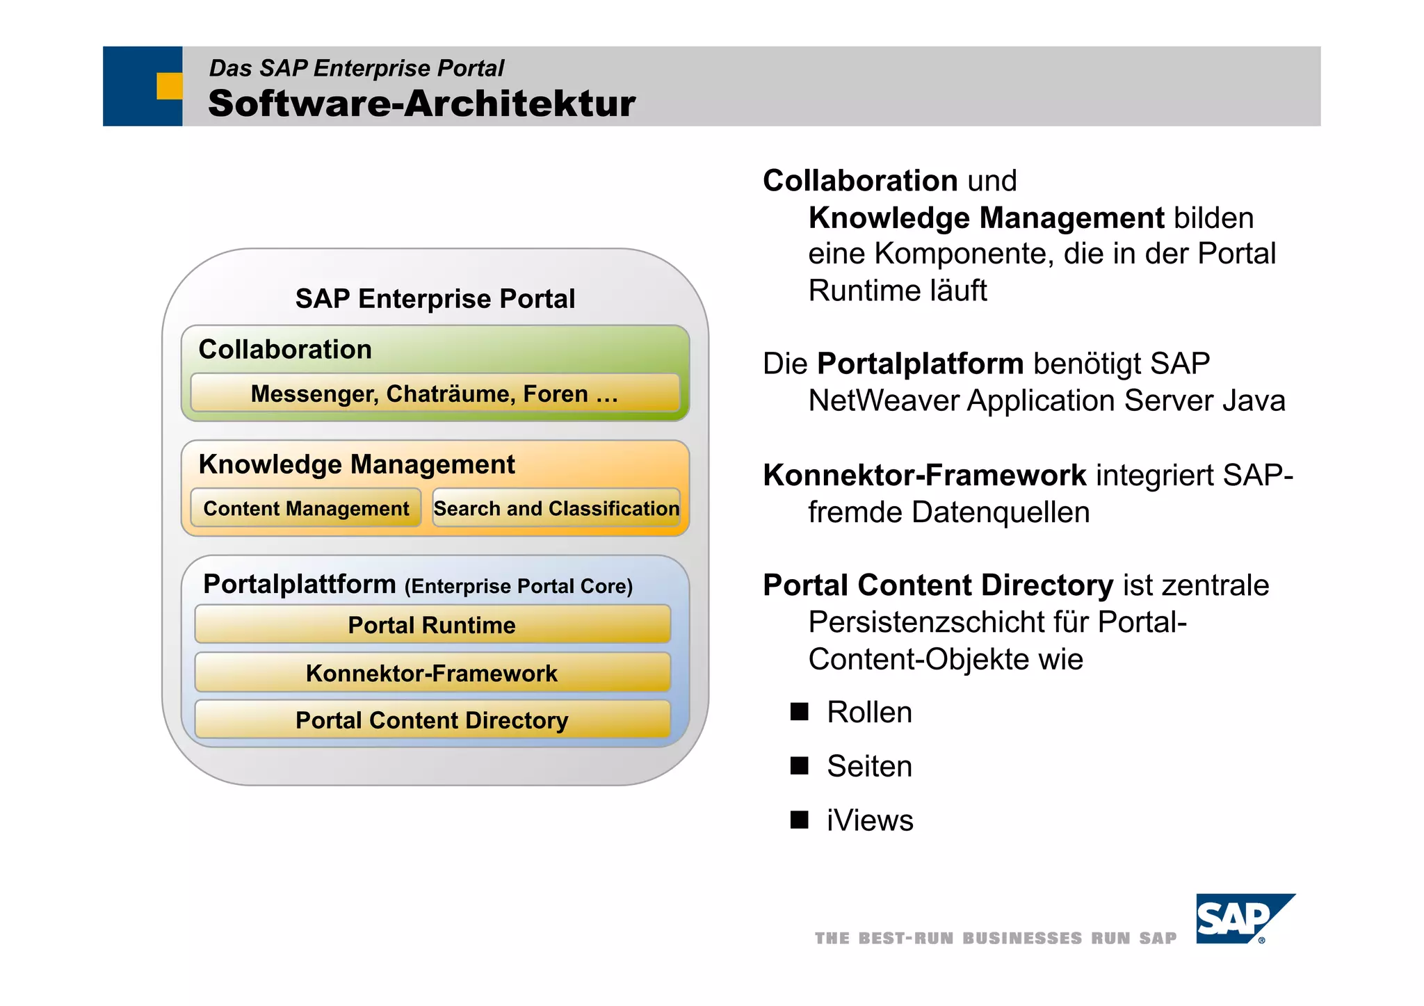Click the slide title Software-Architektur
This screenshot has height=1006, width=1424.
point(421,104)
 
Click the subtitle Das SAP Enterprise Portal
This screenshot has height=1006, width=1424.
point(356,68)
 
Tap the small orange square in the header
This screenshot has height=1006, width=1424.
point(169,86)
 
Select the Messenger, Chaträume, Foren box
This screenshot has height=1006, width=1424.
point(435,394)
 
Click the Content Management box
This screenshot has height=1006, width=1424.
point(306,508)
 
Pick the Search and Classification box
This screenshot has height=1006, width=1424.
point(556,508)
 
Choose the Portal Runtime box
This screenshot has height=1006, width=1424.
point(432,624)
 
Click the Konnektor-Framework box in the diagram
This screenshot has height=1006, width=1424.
point(432,672)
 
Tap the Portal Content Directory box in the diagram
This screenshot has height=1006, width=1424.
point(432,720)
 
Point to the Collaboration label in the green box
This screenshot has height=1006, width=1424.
point(285,349)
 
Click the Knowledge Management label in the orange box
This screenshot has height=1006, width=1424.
point(357,464)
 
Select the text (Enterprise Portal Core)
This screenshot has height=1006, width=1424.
point(519,586)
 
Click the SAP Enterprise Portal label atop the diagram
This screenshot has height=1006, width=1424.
point(435,298)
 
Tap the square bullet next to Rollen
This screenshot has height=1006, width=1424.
point(800,711)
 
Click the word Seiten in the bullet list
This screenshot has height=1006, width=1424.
point(869,766)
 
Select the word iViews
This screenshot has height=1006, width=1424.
point(870,820)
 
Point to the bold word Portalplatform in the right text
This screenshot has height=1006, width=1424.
point(920,364)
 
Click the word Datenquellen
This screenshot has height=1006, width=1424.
point(1001,512)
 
